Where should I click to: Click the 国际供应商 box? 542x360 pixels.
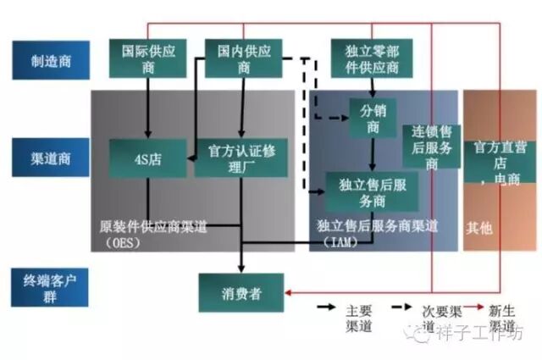click(148, 58)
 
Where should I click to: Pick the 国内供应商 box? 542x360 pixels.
click(244, 58)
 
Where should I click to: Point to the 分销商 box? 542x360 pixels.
click(373, 118)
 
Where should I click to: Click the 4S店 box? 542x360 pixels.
click(149, 158)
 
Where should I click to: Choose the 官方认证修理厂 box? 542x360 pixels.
click(241, 158)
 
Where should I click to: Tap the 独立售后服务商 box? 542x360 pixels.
click(373, 191)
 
